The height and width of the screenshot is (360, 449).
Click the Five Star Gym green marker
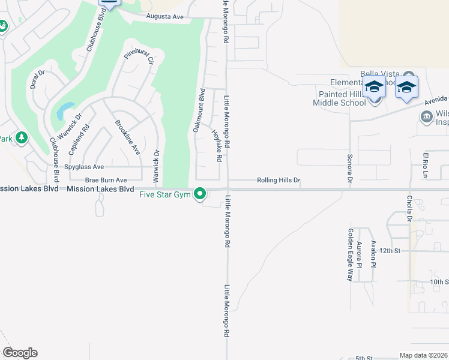[x=200, y=194]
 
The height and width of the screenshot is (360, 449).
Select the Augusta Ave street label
[x=161, y=17]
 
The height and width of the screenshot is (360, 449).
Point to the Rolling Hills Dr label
[x=278, y=180]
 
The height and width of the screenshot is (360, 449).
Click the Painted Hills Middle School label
[x=339, y=98]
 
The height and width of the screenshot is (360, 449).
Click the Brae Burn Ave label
[x=106, y=180]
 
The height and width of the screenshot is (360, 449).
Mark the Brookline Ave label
[x=127, y=137]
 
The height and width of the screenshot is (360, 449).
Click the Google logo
[x=20, y=353]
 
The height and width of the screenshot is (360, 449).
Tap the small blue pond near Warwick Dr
[x=64, y=110]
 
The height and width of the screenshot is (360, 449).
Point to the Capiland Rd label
[x=86, y=137]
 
